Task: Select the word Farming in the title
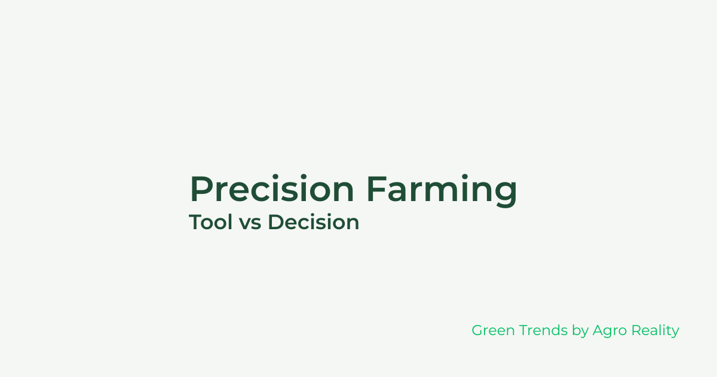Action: click(442, 189)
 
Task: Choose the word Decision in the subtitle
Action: click(313, 222)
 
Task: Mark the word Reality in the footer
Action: click(655, 331)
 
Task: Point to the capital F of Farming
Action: click(375, 189)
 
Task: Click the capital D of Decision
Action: click(274, 222)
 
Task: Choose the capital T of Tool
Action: click(195, 222)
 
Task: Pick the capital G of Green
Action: click(477, 330)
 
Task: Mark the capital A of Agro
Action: click(597, 330)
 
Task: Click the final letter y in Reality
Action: click(675, 333)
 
